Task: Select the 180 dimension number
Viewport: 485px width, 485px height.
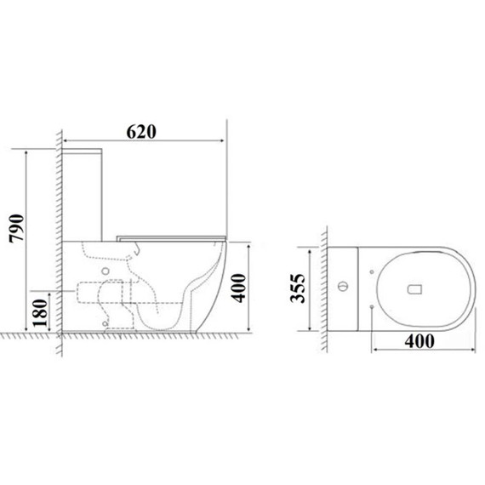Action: (38, 311)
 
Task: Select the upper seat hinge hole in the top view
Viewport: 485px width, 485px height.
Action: (373, 270)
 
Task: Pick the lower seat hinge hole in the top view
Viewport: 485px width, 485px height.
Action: (373, 305)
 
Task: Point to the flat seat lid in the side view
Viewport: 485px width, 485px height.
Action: (170, 235)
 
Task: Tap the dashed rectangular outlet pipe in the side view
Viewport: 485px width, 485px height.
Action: (90, 291)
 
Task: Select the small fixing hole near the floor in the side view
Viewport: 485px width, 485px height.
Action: (106, 322)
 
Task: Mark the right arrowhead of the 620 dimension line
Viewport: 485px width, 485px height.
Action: (223, 140)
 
